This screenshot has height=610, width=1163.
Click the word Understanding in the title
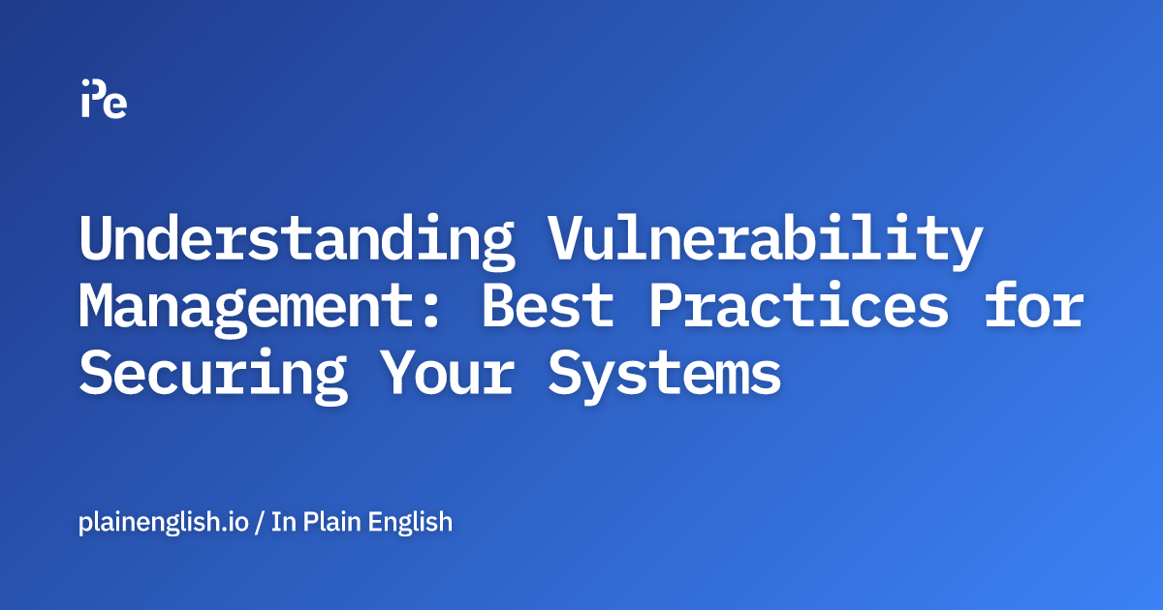(x=297, y=240)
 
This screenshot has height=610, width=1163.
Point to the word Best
(x=548, y=306)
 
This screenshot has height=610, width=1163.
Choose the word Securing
(x=213, y=372)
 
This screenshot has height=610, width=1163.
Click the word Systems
(x=665, y=372)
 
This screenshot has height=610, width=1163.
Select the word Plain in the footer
(x=335, y=523)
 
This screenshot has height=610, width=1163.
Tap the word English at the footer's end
(x=414, y=523)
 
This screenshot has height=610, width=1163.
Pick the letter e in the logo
(x=115, y=105)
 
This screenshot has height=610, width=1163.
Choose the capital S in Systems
(x=570, y=372)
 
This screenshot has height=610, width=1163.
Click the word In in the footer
(x=282, y=523)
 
